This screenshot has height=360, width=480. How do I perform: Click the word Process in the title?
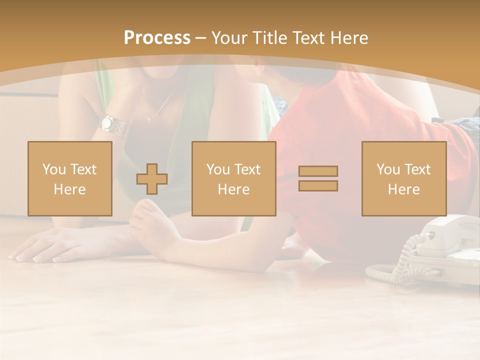tap(157, 38)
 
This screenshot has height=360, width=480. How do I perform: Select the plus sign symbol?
tap(152, 179)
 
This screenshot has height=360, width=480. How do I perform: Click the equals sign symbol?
tap(318, 178)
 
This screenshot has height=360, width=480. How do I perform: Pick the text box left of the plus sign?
tap(70, 179)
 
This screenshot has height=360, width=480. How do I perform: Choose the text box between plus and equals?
tap(233, 179)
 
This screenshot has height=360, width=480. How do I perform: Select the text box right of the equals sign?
tap(403, 179)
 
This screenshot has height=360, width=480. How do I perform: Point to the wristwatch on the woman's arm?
tap(108, 123)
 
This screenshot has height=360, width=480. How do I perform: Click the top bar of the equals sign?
tap(318, 171)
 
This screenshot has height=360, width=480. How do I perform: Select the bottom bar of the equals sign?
tap(318, 186)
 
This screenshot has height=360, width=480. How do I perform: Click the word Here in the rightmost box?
tap(403, 189)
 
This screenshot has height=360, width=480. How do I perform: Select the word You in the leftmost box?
tap(53, 169)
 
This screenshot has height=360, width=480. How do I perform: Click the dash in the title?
tap(201, 38)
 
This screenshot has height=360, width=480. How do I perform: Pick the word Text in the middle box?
tap(247, 169)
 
